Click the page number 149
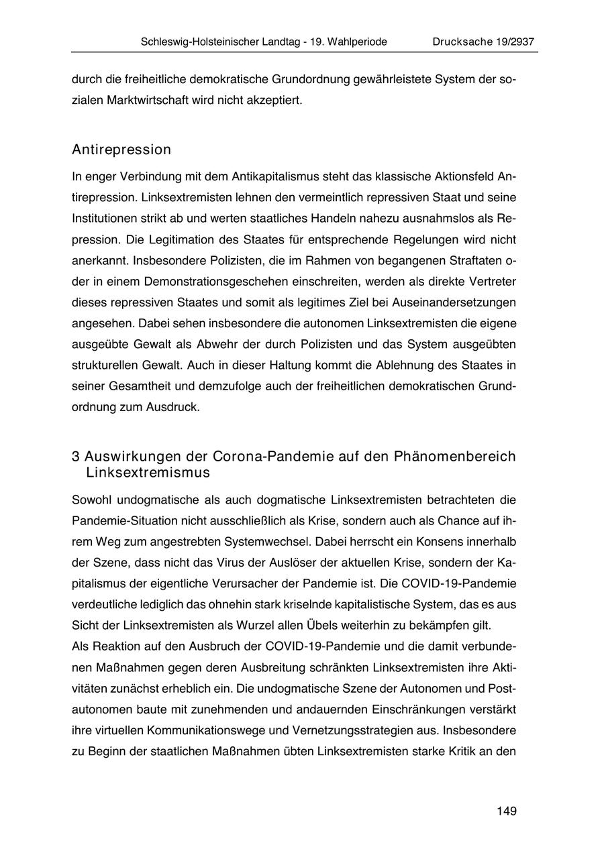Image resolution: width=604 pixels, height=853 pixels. point(507,811)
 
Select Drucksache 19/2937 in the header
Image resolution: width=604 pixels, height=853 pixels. point(483,42)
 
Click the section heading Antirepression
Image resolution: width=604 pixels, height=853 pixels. point(121,150)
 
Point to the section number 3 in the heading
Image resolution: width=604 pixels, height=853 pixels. point(76,457)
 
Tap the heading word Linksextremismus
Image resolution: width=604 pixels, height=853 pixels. point(148,473)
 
